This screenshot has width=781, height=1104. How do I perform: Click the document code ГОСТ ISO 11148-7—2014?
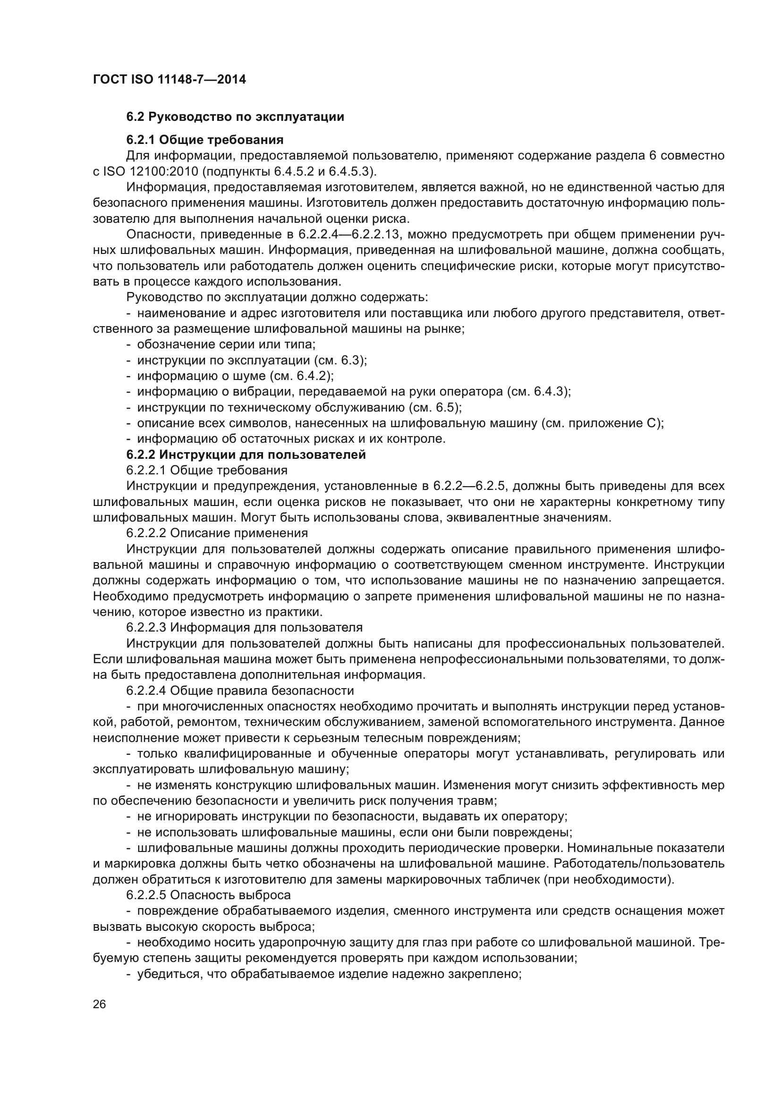coord(170,79)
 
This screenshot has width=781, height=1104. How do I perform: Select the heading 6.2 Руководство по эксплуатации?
coord(235,117)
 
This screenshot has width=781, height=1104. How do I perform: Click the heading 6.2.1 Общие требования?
coord(205,140)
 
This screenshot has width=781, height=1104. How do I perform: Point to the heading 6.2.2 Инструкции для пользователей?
coord(246,455)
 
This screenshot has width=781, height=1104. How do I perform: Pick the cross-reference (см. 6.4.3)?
coord(539,391)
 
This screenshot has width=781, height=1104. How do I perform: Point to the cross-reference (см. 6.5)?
coord(435,407)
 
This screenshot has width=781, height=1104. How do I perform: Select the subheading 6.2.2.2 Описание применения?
coord(217,533)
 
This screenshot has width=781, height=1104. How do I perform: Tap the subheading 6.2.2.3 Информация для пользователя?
coord(244,627)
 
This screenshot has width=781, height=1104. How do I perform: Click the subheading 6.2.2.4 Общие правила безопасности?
coord(240,691)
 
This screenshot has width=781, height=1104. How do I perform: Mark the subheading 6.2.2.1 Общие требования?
coord(207,470)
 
